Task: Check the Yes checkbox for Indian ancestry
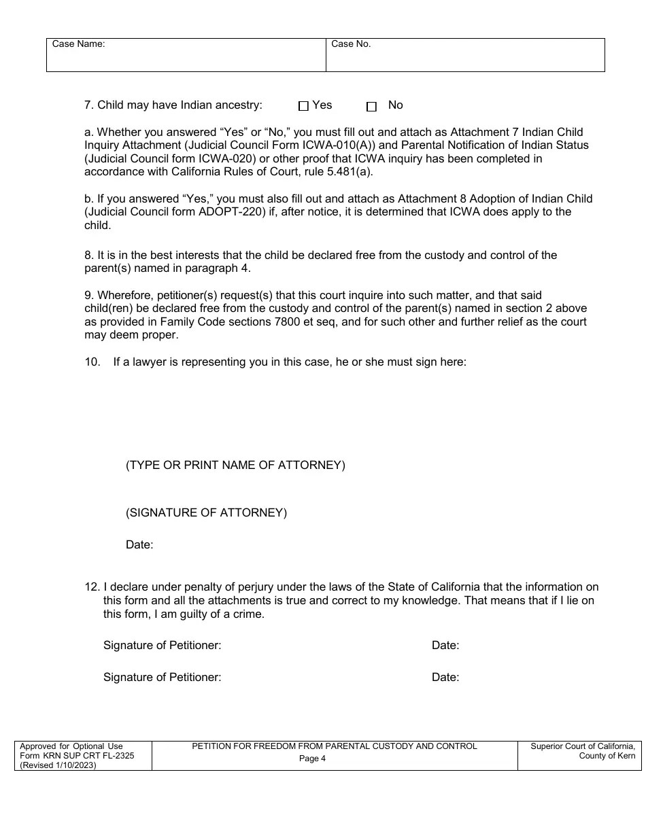click(303, 106)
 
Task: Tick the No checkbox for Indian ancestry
click(371, 107)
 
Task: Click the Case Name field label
click(78, 44)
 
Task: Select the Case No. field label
click(351, 44)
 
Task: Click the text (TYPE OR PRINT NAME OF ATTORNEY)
click(235, 466)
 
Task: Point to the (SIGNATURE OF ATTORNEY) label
click(206, 513)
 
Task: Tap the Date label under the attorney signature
click(139, 545)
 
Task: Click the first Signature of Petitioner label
click(162, 646)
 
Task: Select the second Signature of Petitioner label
click(162, 678)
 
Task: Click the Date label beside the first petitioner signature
click(445, 646)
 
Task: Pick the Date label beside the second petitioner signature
click(445, 678)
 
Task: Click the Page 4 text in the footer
click(313, 759)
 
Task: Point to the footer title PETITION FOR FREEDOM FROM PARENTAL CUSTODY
click(335, 746)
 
